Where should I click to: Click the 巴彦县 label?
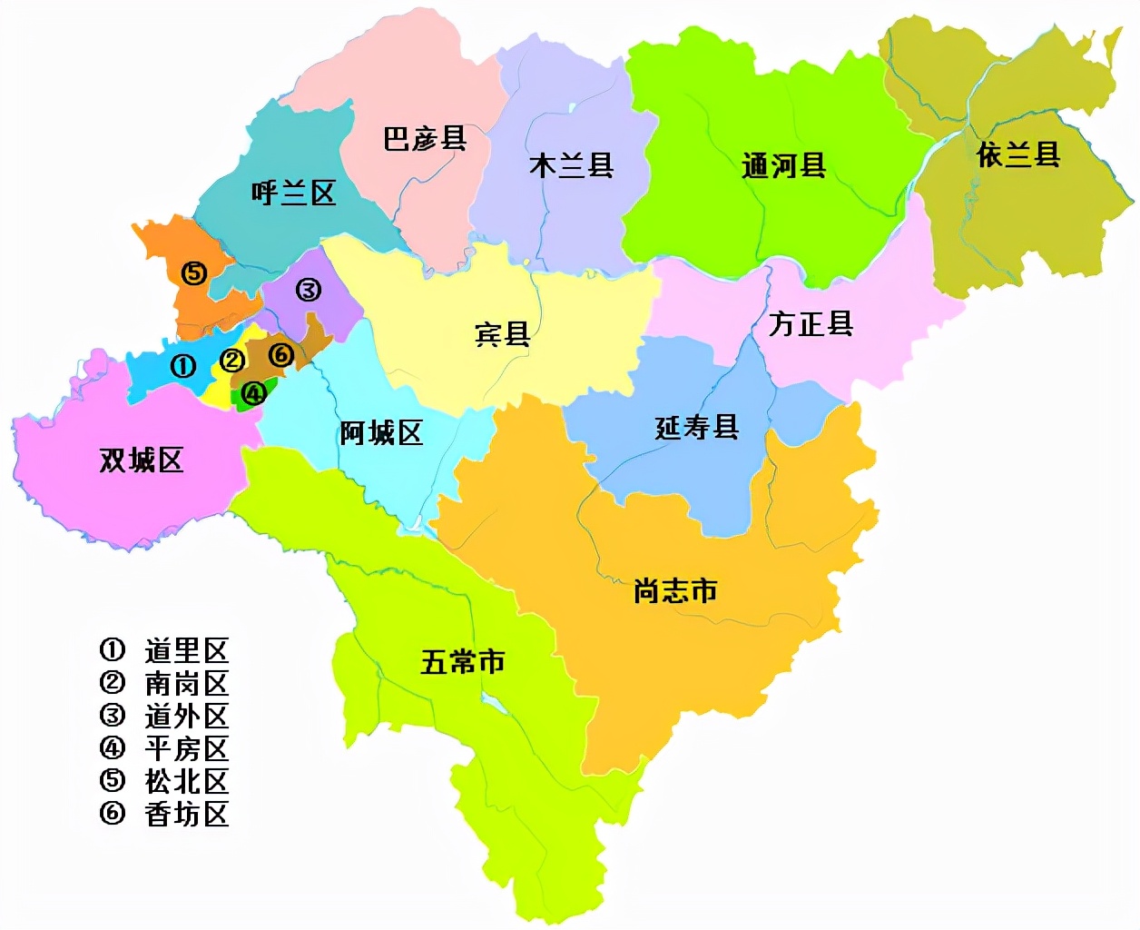tap(425, 139)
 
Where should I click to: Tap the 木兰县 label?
tap(572, 165)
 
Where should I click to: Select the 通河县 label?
tap(783, 166)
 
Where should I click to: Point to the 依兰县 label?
tap(1018, 155)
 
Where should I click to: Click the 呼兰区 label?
tap(293, 193)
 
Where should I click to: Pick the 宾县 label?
tap(502, 334)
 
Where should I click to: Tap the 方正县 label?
tap(811, 323)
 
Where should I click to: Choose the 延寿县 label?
tap(697, 427)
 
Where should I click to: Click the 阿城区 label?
tap(381, 433)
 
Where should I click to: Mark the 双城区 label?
tap(141, 460)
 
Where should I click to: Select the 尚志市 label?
tap(675, 591)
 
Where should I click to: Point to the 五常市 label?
tap(463, 662)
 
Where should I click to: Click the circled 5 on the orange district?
tap(194, 272)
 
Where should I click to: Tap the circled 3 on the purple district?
tap(308, 290)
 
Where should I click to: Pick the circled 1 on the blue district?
tap(183, 366)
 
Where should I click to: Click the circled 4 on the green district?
tap(253, 393)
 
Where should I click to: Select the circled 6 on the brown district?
tap(281, 353)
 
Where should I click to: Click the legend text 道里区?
tap(186, 650)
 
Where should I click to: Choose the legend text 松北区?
tap(186, 781)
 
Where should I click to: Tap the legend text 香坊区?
tap(186, 814)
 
